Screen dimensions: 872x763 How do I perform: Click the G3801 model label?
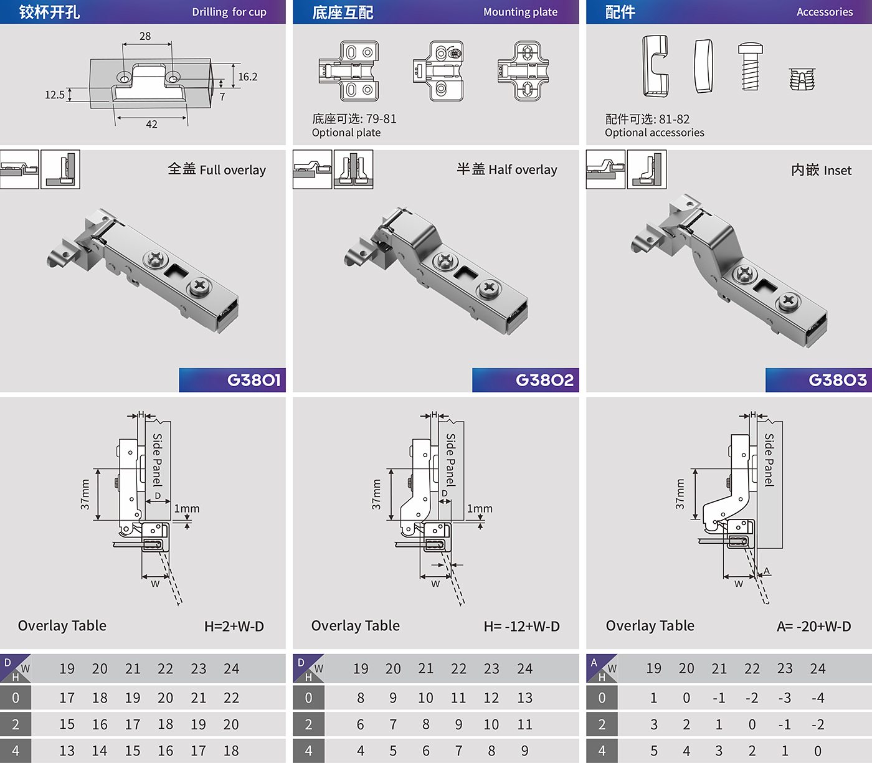point(254,379)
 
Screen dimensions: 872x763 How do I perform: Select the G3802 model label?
point(544,379)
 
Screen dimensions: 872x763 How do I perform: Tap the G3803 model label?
point(838,379)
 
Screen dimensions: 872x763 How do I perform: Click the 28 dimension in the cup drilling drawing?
point(145,36)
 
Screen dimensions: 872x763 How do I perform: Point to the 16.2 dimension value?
point(248,77)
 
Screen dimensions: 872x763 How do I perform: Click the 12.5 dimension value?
point(55,94)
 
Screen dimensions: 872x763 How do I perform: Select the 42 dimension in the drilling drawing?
point(151,124)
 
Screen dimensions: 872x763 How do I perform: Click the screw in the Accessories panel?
point(751,66)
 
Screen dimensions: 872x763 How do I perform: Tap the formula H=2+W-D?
point(234,626)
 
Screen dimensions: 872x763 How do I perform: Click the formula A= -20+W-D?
point(813,626)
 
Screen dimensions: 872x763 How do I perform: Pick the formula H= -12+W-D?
point(522,626)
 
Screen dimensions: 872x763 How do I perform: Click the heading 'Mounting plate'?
point(520,12)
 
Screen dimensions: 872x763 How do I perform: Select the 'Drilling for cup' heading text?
point(229,12)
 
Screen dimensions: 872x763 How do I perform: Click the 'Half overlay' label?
point(523,169)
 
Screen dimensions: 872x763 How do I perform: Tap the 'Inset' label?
point(838,171)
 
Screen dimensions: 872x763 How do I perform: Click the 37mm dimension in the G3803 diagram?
point(680,494)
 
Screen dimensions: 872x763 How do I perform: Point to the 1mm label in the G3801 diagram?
point(187,508)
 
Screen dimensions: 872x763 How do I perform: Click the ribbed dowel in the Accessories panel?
point(802,79)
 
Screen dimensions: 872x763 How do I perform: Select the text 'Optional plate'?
point(346,133)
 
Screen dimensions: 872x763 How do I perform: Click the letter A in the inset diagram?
point(767,571)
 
